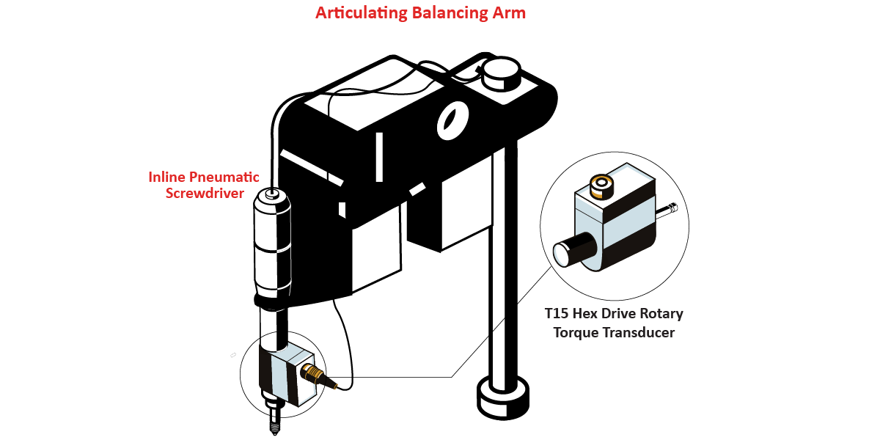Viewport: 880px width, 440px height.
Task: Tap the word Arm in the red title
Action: pyautogui.click(x=509, y=13)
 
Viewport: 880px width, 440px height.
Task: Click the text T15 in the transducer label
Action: pyautogui.click(x=557, y=314)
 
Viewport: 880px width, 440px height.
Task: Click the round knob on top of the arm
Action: pyautogui.click(x=501, y=73)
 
